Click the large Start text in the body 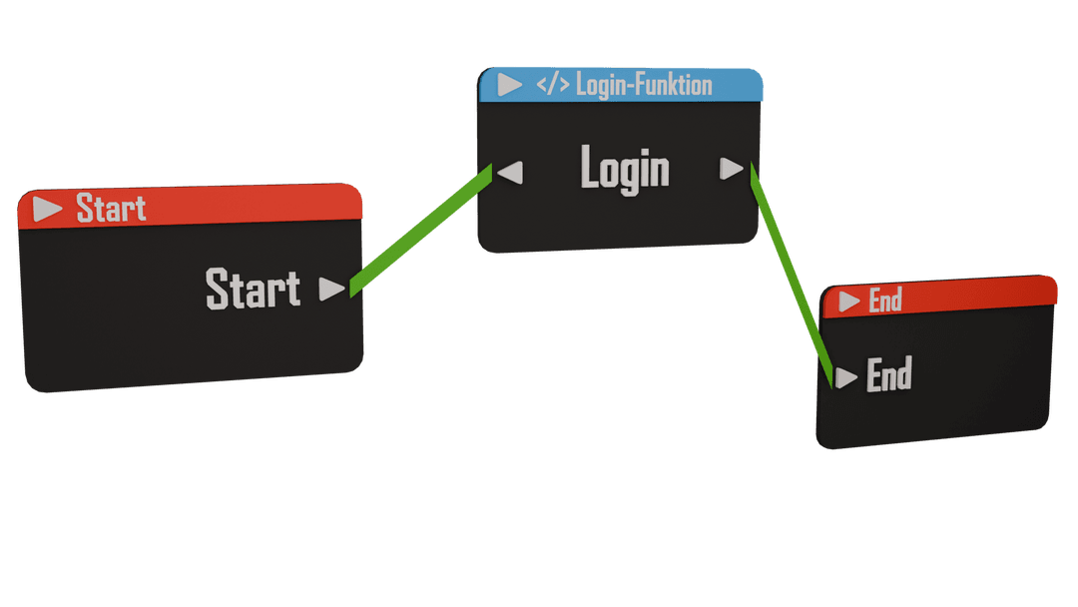point(253,289)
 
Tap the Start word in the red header point(111,209)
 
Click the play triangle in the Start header point(47,209)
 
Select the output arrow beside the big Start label point(331,290)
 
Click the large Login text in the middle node point(625,169)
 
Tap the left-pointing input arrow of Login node point(510,173)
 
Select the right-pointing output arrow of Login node point(732,169)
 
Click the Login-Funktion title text point(644,85)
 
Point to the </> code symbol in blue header point(552,85)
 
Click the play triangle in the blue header point(510,85)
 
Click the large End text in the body point(888,375)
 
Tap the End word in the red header point(885,300)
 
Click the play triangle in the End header point(849,302)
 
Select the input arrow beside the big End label point(846,377)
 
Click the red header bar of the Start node point(250,203)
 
